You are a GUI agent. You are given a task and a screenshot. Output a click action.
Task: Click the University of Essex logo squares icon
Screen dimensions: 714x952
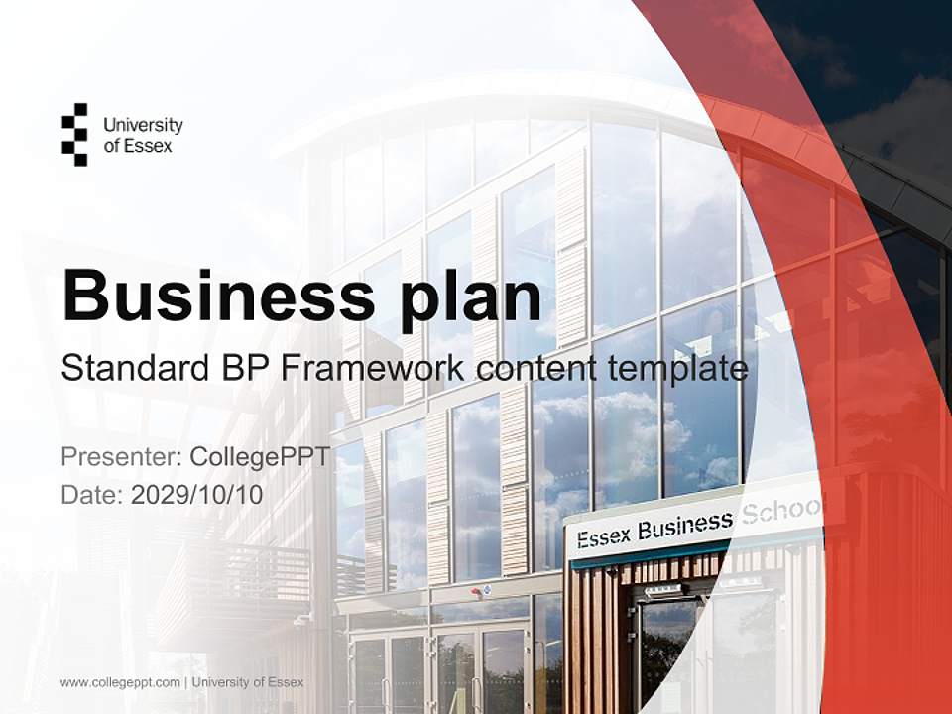pyautogui.click(x=74, y=134)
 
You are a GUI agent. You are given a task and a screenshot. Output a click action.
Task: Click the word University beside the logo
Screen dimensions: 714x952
pyautogui.click(x=143, y=125)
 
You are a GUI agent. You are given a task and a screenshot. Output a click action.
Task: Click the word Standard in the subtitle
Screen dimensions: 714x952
pyautogui.click(x=128, y=369)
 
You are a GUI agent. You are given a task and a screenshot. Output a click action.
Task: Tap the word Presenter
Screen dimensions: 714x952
pyautogui.click(x=119, y=457)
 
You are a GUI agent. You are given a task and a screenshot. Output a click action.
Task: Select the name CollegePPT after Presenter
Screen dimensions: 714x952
pyautogui.click(x=260, y=457)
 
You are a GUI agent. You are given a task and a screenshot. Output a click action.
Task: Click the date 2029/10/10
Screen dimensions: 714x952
pyautogui.click(x=197, y=494)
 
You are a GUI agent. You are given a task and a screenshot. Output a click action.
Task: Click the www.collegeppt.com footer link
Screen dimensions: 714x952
pyautogui.click(x=120, y=682)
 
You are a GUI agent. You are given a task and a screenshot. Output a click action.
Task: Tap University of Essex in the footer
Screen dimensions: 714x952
pyautogui.click(x=248, y=682)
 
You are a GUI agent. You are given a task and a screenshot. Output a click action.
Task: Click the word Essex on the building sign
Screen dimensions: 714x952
pyautogui.click(x=603, y=536)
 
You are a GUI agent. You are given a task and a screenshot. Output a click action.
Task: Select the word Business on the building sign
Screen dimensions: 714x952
pyautogui.click(x=685, y=526)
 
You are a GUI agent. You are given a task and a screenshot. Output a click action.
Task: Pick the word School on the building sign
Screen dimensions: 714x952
pyautogui.click(x=783, y=513)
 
